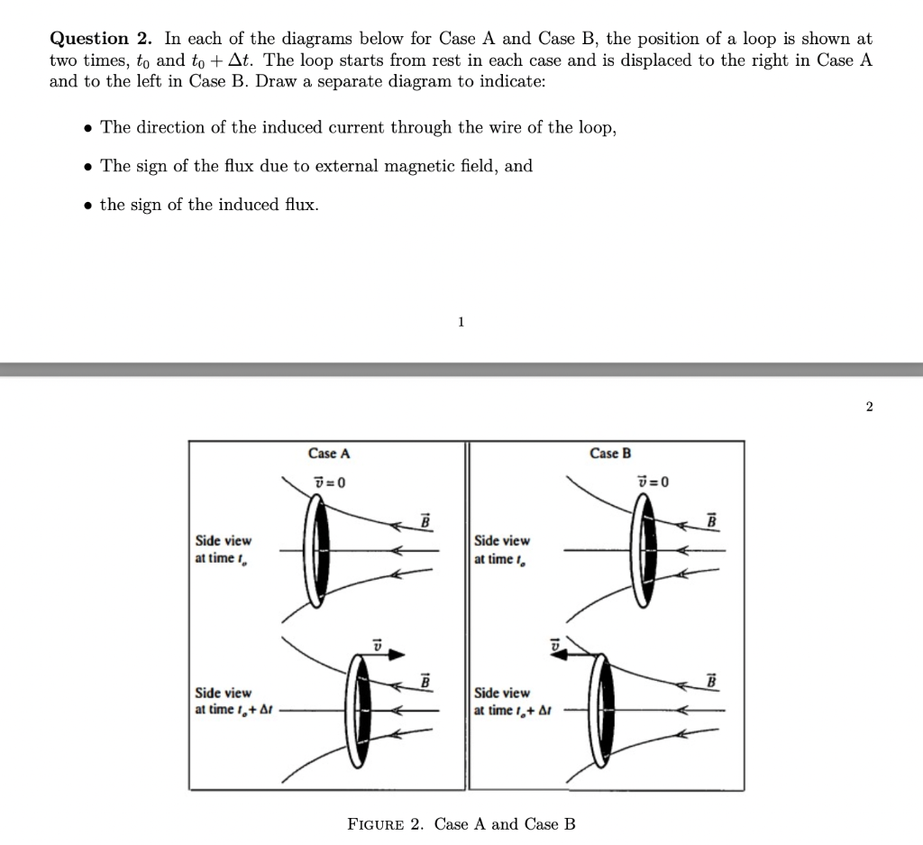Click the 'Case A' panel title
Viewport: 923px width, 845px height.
click(x=328, y=454)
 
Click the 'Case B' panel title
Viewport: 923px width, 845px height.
click(x=610, y=454)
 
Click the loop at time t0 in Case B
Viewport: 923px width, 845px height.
click(x=647, y=549)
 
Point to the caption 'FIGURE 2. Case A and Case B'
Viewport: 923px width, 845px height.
click(x=461, y=823)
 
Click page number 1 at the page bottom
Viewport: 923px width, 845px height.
click(x=461, y=321)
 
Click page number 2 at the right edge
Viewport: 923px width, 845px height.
click(x=869, y=407)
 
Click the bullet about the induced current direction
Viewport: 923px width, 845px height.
click(x=359, y=127)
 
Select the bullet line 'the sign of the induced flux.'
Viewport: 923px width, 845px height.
click(x=209, y=205)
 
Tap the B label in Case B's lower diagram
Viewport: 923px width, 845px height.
click(x=712, y=681)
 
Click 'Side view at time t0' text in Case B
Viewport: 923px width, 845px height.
click(x=502, y=548)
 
